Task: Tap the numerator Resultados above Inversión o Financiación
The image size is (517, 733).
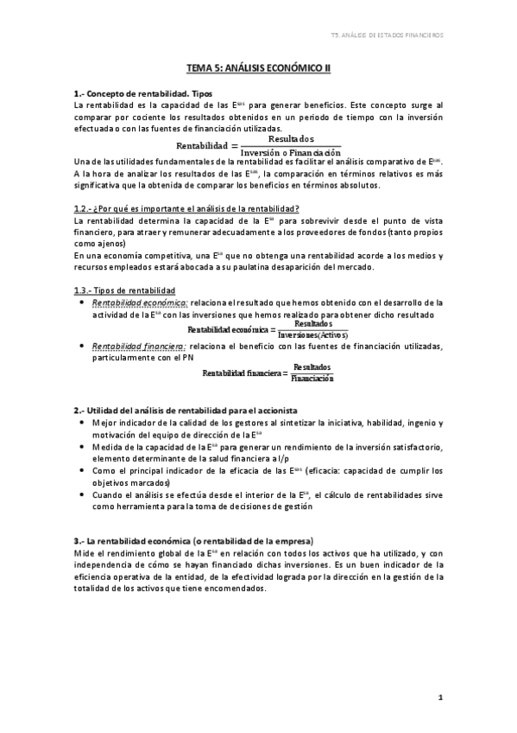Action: pos(291,138)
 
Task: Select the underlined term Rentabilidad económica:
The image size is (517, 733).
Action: pos(140,303)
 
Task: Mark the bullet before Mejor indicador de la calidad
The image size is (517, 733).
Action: pos(80,423)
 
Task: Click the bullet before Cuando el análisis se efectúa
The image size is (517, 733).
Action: pos(80,495)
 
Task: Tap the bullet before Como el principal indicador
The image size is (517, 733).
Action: pos(80,471)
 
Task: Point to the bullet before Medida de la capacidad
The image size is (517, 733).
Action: pos(80,447)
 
